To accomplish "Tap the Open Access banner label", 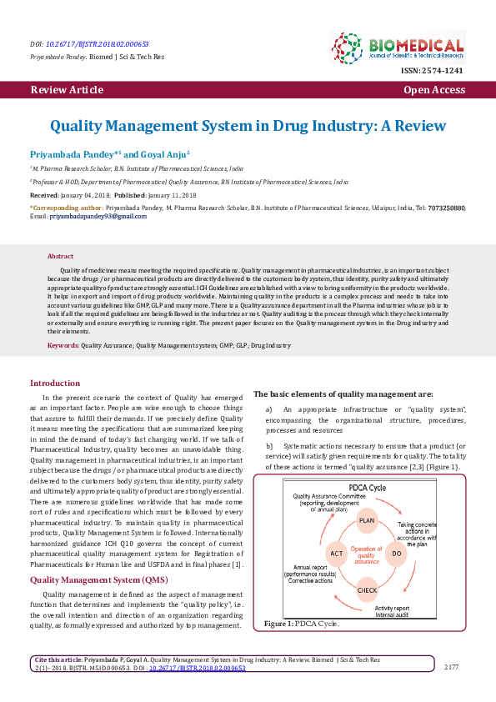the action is (433, 89).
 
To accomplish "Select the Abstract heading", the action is (61, 256).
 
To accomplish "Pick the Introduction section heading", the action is (55, 384).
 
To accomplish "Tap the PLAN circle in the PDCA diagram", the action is (368, 520).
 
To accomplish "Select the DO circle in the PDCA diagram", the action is (397, 553).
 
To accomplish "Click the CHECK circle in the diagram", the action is (368, 589).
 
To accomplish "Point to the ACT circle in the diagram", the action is (337, 554).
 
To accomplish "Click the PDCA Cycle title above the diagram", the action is (367, 488).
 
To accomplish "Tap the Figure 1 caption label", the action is (278, 624).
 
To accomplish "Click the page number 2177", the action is (451, 666).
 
